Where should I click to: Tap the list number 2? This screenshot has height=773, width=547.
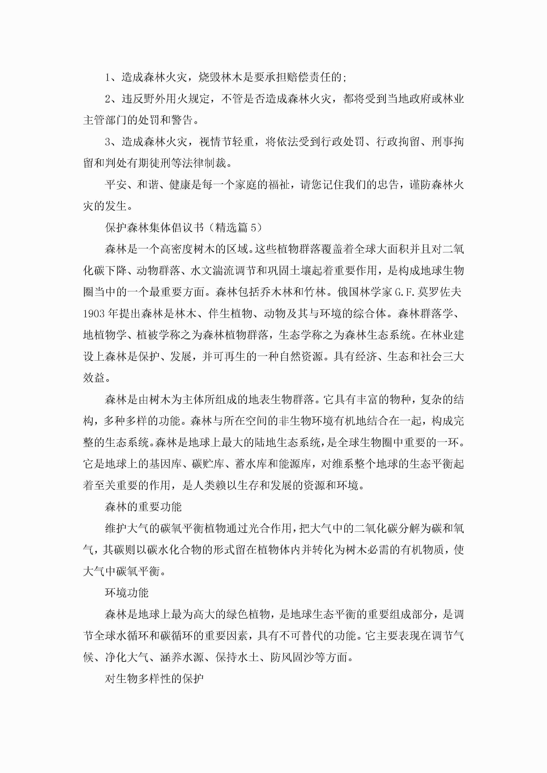pos(108,99)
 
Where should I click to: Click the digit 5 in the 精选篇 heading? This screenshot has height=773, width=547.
pos(253,228)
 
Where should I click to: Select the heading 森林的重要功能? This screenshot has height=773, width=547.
pos(143,507)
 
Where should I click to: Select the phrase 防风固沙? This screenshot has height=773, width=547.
pos(292,657)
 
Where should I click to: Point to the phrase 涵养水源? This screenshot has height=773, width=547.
pos(182,657)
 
